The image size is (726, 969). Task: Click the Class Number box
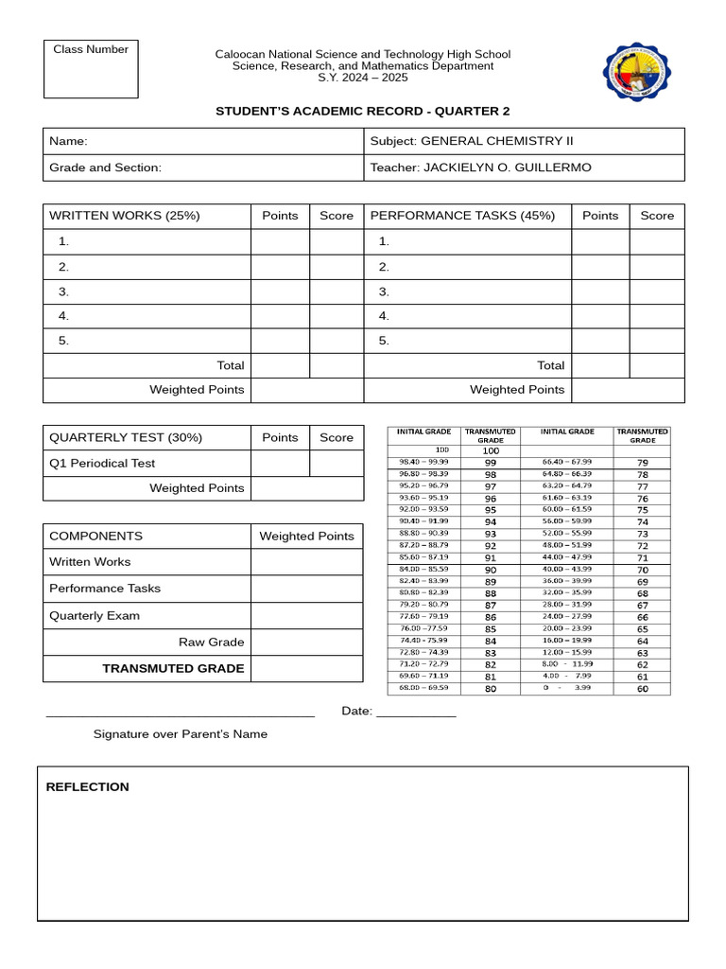91,69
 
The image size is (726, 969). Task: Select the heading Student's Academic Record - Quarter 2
362,111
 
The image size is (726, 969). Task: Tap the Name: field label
68,141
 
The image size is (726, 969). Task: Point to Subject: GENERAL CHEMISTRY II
472,141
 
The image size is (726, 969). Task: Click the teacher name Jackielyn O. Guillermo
507,167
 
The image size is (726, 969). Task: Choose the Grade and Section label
105,167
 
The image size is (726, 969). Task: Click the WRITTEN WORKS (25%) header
124,216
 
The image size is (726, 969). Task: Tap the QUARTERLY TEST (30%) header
126,438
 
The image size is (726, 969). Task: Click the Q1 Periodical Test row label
102,464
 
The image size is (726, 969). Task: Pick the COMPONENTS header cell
95,537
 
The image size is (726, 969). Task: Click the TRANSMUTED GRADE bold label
173,668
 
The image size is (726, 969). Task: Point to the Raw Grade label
212,643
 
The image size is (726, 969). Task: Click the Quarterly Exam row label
95,616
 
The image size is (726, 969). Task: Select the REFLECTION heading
88,787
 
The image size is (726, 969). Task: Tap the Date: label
356,712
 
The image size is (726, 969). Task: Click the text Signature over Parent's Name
180,734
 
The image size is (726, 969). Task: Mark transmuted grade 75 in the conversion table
643,510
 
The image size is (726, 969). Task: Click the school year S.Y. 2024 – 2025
362,78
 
